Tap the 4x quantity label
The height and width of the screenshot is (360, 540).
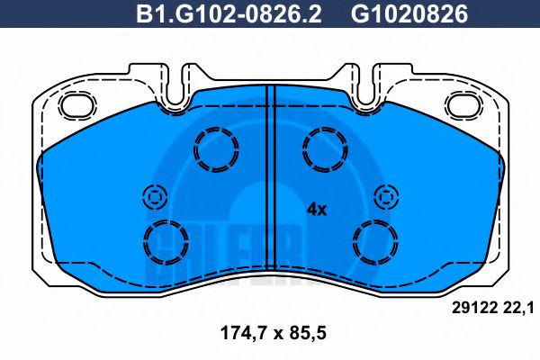316,209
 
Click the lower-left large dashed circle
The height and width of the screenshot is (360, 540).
165,240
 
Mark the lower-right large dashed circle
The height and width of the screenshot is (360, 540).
375,240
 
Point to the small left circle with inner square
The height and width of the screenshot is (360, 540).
152,195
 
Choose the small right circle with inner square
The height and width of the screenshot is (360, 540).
387,195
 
